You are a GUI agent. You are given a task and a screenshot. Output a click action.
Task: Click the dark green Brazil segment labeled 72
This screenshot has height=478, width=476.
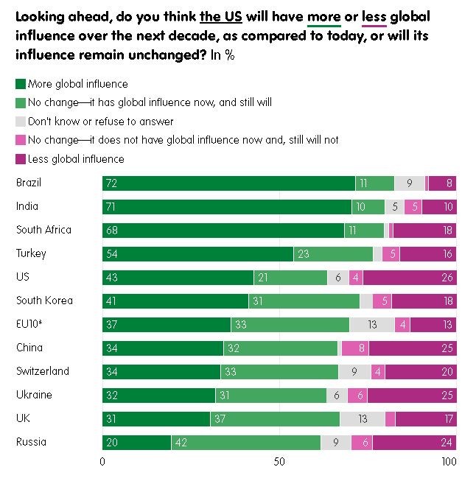pos(228,183)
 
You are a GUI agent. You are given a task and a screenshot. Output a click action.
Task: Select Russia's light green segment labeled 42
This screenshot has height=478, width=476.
pos(246,443)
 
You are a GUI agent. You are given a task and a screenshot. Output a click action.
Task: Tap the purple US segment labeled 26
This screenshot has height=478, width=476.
pos(410,278)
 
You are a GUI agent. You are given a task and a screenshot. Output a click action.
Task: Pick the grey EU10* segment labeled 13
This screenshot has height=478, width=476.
pos(372,325)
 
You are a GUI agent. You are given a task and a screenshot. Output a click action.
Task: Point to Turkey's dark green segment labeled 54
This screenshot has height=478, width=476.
pos(197,254)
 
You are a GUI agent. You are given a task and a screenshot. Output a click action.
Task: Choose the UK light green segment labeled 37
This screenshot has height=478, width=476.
pos(281,419)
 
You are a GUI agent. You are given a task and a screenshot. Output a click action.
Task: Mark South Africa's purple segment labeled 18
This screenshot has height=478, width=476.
pos(425,231)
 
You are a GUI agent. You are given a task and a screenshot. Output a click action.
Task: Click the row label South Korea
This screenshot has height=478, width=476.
pos(44,300)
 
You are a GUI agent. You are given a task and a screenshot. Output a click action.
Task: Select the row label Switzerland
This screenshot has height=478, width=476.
pos(43,371)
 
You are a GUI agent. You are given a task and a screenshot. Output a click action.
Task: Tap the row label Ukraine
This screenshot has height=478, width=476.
pos(34,395)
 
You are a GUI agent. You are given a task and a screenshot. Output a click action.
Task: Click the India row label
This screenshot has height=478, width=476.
pos(27,206)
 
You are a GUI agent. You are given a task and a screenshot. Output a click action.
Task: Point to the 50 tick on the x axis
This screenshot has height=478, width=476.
pos(279,463)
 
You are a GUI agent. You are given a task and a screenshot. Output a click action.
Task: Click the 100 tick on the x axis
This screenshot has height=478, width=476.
pos(449,463)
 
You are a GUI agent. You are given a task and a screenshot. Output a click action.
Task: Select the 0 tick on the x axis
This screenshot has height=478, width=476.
pos(102,463)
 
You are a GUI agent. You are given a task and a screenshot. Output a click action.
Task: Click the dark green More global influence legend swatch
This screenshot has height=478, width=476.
pos(21,84)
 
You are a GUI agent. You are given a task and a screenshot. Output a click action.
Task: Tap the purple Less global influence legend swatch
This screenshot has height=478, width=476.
pos(21,158)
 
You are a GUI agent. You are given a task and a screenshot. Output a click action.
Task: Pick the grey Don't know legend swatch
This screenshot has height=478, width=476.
pos(21,122)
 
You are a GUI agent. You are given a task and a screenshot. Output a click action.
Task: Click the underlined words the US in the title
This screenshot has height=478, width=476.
pos(221,16)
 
